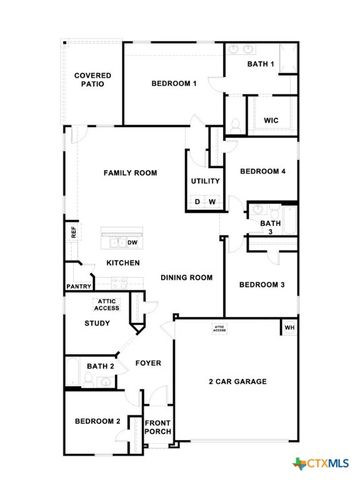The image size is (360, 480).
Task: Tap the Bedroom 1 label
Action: (x=174, y=84)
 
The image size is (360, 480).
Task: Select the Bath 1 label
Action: (x=262, y=64)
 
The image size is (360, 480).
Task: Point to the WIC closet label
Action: (x=270, y=120)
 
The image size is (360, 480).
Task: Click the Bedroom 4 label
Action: (x=262, y=171)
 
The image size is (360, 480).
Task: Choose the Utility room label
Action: (x=206, y=182)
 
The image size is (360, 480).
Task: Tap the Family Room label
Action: (x=131, y=173)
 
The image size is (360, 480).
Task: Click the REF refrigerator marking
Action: (x=73, y=231)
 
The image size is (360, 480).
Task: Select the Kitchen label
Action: (x=123, y=262)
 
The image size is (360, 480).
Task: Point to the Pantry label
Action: (x=79, y=286)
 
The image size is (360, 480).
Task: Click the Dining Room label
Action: (x=187, y=277)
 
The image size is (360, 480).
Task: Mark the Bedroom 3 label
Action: (x=262, y=284)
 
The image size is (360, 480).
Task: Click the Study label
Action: (x=97, y=323)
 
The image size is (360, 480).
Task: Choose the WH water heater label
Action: (x=290, y=328)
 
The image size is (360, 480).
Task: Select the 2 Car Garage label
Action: (x=237, y=382)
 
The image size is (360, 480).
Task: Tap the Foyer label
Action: (x=148, y=363)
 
